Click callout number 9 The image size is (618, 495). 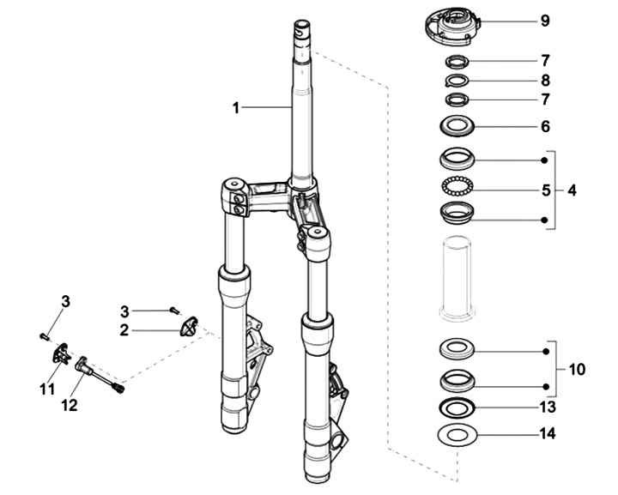coord(545,21)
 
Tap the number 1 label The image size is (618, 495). coord(235,108)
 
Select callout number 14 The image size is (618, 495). coord(547,434)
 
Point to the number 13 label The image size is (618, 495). coord(547,406)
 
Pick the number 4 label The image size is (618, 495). coord(572,190)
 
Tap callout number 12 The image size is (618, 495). coord(70,404)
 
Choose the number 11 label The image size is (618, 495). coord(46,389)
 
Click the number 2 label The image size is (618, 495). coord(124,329)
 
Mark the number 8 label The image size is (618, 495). coord(545,81)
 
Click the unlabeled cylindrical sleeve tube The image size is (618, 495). coord(457,275)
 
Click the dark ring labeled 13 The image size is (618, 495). coord(458,406)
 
